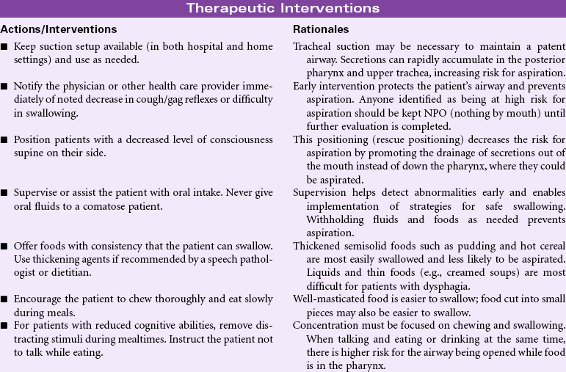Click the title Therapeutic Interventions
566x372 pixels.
click(x=283, y=9)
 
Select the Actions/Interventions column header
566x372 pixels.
click(x=59, y=30)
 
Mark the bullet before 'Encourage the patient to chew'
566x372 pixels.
click(x=5, y=299)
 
